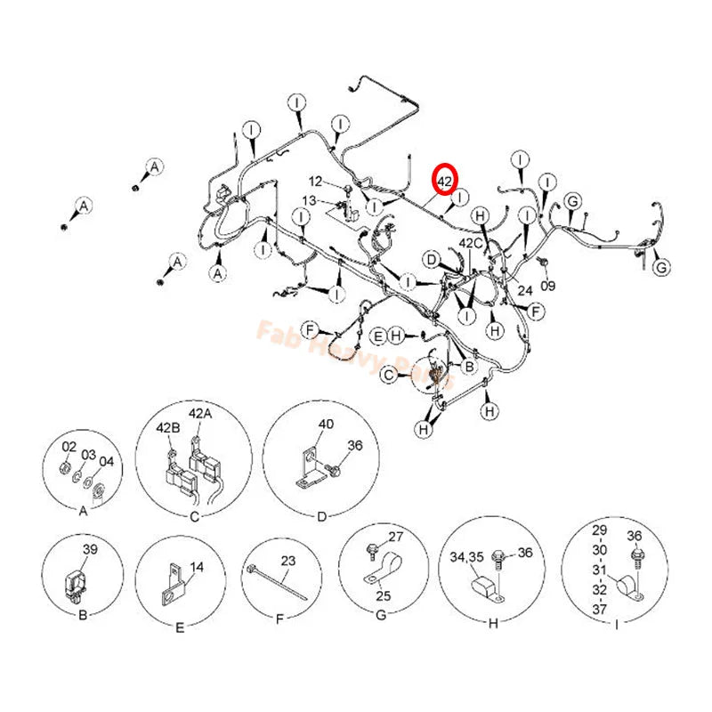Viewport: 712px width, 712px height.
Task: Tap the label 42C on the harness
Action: (471, 242)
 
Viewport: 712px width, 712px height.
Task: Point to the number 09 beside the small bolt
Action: (547, 286)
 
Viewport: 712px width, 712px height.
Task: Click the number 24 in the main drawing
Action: (525, 290)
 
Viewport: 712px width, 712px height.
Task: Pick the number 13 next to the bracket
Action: (309, 200)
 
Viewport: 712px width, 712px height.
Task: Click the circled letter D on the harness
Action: (431, 260)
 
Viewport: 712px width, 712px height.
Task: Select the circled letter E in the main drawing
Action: (378, 336)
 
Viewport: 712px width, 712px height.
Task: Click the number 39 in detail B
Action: (90, 549)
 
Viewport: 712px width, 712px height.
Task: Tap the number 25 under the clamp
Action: (384, 594)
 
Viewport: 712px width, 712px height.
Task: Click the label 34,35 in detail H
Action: (469, 556)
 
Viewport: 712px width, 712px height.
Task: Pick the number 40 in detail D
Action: (327, 425)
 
